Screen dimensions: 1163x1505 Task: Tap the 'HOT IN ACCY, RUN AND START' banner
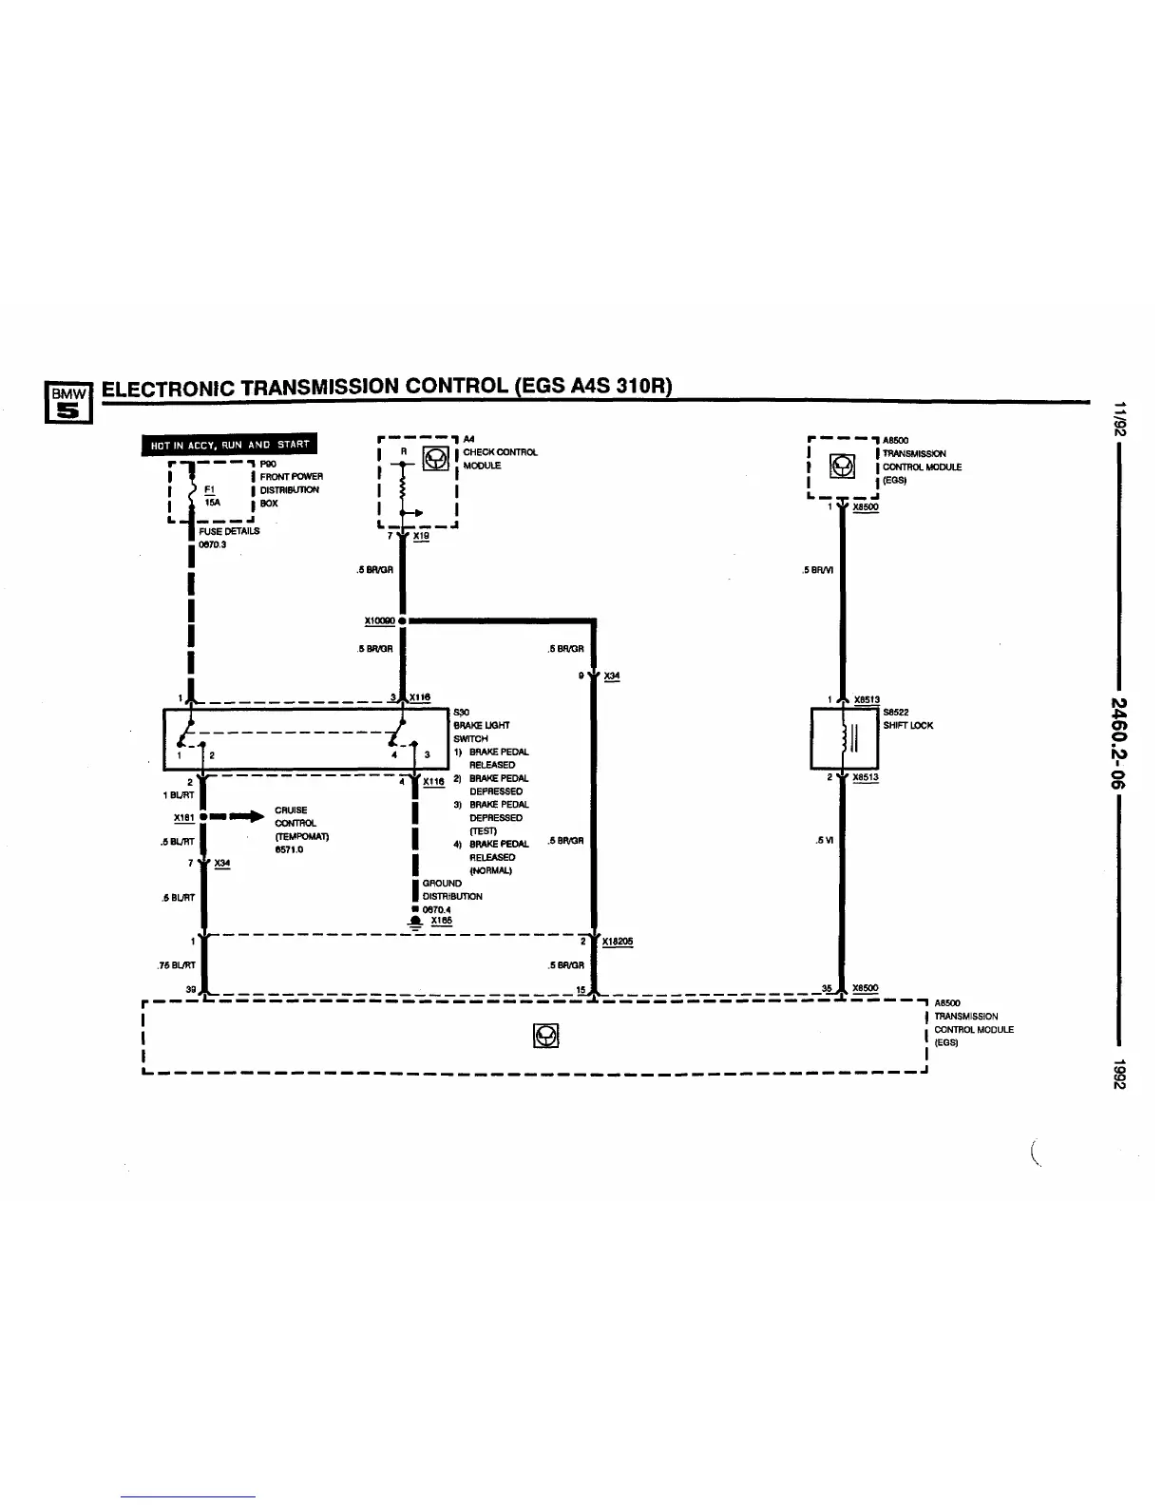229,445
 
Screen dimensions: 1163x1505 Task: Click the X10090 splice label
379,620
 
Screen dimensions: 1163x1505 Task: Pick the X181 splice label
183,817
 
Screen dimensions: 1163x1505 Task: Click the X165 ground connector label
442,921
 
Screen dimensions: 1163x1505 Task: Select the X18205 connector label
618,942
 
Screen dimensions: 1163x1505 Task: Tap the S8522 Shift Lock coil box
844,738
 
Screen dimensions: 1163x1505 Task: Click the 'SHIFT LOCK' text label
907,725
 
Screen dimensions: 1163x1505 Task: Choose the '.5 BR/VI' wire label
818,570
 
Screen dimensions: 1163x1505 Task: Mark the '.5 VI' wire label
824,840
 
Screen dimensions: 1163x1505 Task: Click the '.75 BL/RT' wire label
176,966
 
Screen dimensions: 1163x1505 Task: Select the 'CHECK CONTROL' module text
500,452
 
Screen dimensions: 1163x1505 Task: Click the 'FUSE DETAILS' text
229,531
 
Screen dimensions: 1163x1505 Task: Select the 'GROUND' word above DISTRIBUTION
442,883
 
